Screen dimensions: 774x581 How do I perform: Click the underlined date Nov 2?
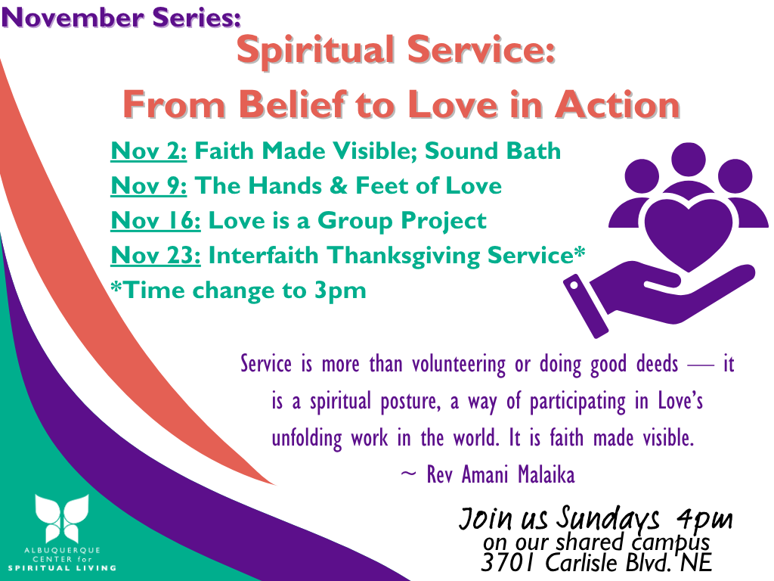point(149,151)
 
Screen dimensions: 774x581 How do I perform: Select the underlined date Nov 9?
point(149,186)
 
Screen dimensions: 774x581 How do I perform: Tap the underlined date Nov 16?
point(156,220)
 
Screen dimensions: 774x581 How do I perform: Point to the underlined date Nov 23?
point(156,256)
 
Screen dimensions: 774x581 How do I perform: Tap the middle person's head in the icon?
point(689,159)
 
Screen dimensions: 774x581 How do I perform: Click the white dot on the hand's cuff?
point(574,285)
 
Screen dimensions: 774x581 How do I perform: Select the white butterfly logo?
point(62,518)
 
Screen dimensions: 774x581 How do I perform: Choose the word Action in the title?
point(618,104)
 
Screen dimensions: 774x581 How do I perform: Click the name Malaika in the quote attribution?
point(546,475)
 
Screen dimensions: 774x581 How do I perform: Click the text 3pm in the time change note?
point(340,291)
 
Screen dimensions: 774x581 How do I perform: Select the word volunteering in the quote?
point(459,365)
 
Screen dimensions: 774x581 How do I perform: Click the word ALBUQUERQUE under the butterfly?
point(62,550)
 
